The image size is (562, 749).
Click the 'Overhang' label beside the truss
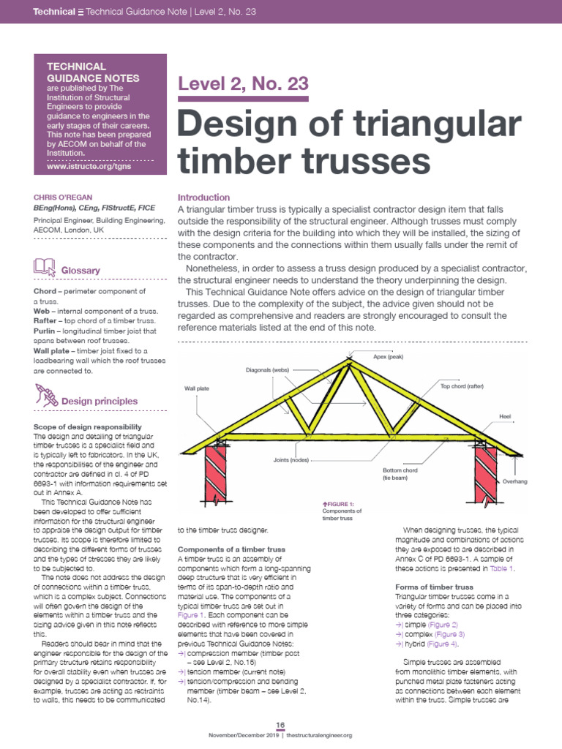514,482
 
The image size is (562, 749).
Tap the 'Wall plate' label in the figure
197,388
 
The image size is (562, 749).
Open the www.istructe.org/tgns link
80,167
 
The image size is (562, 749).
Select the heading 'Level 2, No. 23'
244,83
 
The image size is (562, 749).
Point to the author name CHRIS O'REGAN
64,197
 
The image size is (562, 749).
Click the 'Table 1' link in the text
502,568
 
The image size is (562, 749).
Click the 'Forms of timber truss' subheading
434,587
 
